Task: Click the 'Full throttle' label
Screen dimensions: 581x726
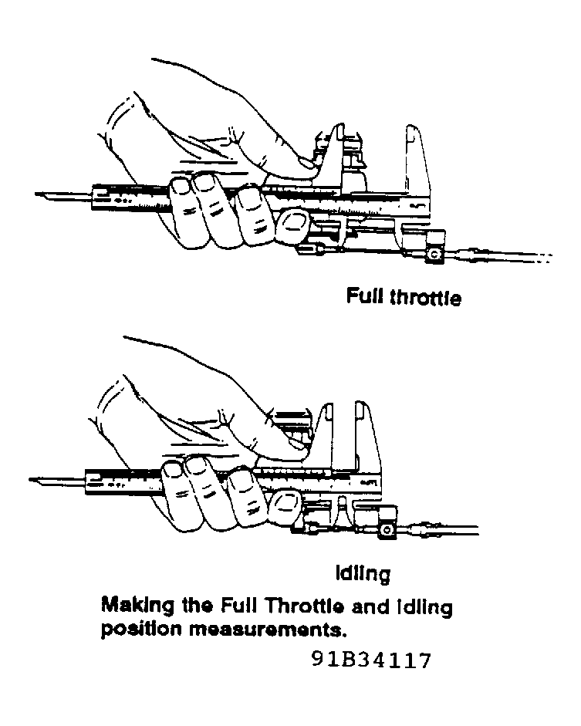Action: (x=404, y=297)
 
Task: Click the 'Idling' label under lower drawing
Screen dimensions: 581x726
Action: (x=363, y=574)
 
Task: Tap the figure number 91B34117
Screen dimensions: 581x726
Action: (x=371, y=660)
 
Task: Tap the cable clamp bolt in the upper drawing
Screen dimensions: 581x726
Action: (x=434, y=254)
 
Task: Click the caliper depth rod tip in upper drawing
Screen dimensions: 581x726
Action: (x=36, y=194)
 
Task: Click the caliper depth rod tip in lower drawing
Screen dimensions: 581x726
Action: (x=31, y=480)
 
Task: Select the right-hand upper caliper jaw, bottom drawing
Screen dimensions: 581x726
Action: (x=366, y=433)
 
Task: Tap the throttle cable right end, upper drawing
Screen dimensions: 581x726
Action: (x=550, y=255)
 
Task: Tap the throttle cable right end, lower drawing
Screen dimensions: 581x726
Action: (x=477, y=530)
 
